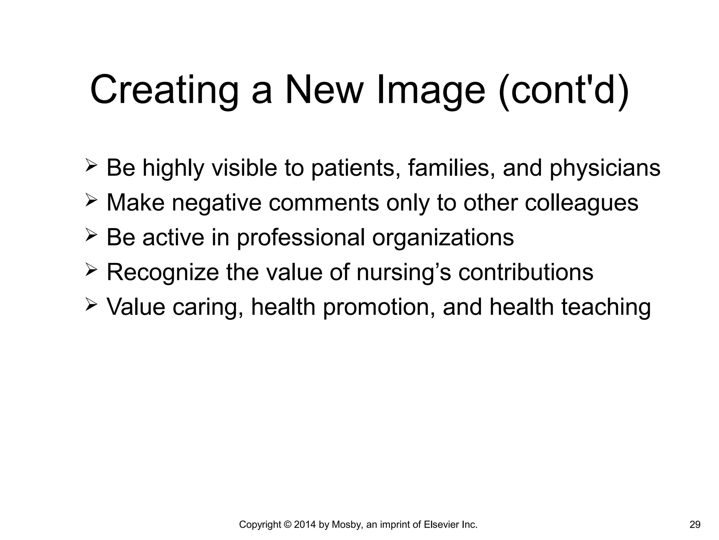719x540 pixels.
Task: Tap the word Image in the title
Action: (x=430, y=90)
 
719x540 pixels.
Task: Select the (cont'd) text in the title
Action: (x=563, y=90)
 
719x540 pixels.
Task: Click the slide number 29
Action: (x=695, y=525)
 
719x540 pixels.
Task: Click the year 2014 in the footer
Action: (x=305, y=525)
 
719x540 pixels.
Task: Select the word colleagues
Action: (x=581, y=204)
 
